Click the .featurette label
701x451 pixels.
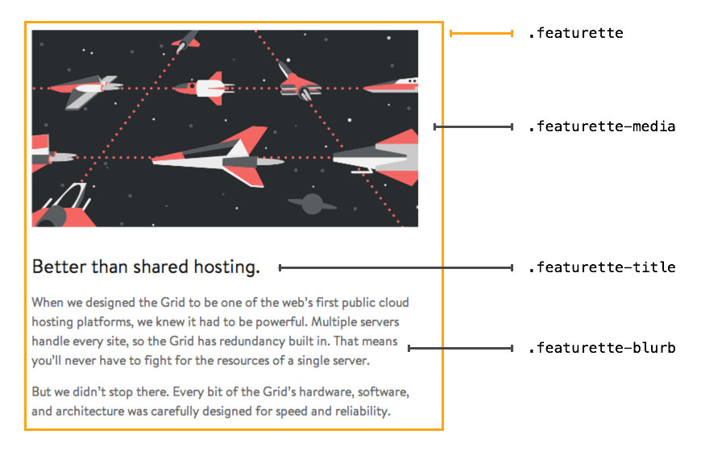[575, 34]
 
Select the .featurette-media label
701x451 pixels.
[601, 127]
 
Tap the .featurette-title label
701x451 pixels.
[601, 267]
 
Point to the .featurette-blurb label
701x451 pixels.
[601, 349]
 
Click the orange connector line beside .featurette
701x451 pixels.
[481, 34]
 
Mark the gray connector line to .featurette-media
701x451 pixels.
[474, 127]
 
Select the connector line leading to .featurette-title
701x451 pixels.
[395, 267]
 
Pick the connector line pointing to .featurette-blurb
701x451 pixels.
[460, 349]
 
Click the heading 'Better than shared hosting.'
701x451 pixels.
[146, 267]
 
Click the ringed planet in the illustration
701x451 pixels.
[311, 202]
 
